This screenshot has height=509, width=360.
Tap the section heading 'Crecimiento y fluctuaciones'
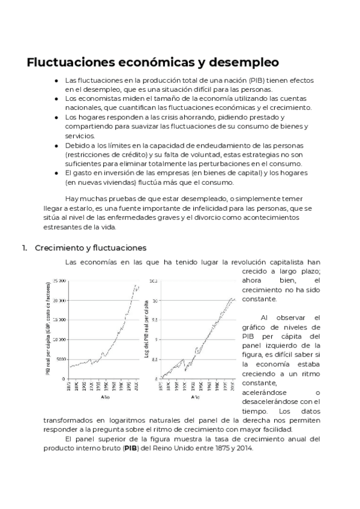tap(91, 247)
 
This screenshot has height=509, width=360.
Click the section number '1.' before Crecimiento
tap(25, 247)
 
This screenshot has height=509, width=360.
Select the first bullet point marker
tap(56, 80)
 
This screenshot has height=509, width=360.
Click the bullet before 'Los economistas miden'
tap(56, 98)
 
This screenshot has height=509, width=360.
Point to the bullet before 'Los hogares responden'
tap(56, 117)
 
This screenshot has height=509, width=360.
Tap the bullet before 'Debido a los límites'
tap(56, 145)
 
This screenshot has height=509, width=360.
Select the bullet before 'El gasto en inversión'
tap(56, 173)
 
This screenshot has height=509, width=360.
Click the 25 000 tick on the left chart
tap(59, 280)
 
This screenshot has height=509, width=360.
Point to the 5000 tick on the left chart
tap(61, 359)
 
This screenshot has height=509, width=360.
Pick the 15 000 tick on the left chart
tap(59, 320)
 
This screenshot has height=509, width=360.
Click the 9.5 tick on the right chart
tap(154, 320)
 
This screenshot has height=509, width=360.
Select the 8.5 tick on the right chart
tap(154, 359)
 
